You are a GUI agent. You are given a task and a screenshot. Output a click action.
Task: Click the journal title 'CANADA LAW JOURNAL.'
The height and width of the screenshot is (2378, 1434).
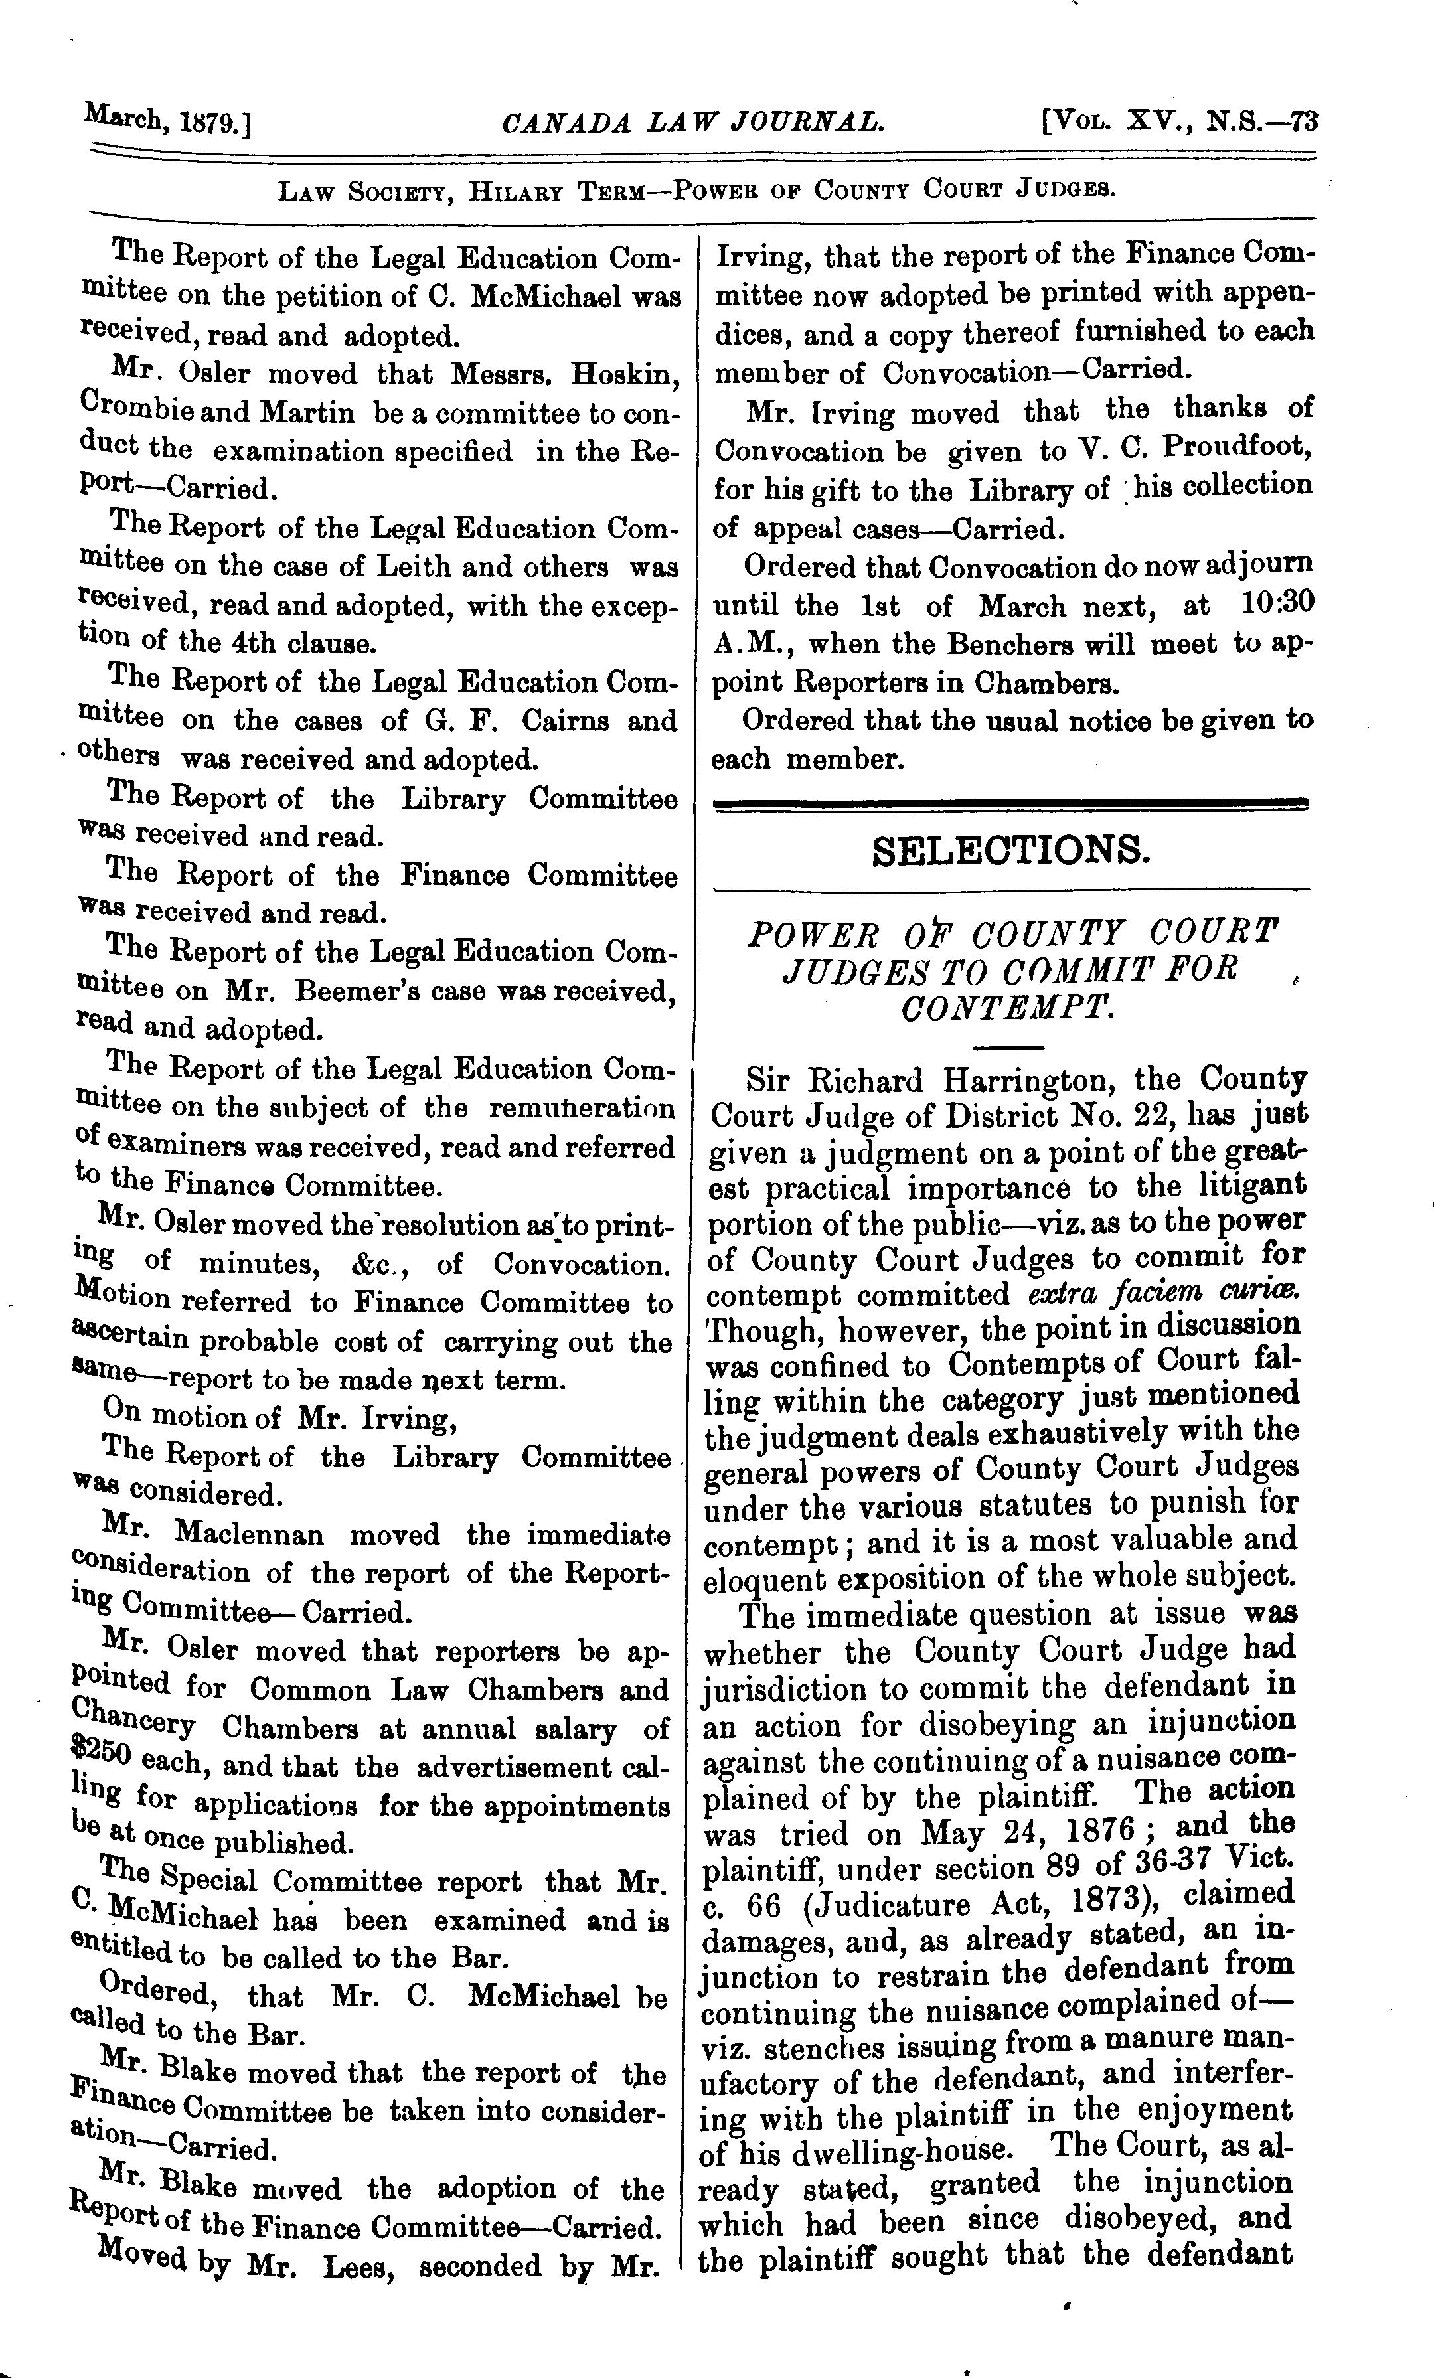point(693,123)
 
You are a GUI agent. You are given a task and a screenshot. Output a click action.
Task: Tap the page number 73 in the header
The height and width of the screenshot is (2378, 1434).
point(1304,123)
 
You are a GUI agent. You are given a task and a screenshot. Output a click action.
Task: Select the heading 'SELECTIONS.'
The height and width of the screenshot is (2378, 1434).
point(1011,850)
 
